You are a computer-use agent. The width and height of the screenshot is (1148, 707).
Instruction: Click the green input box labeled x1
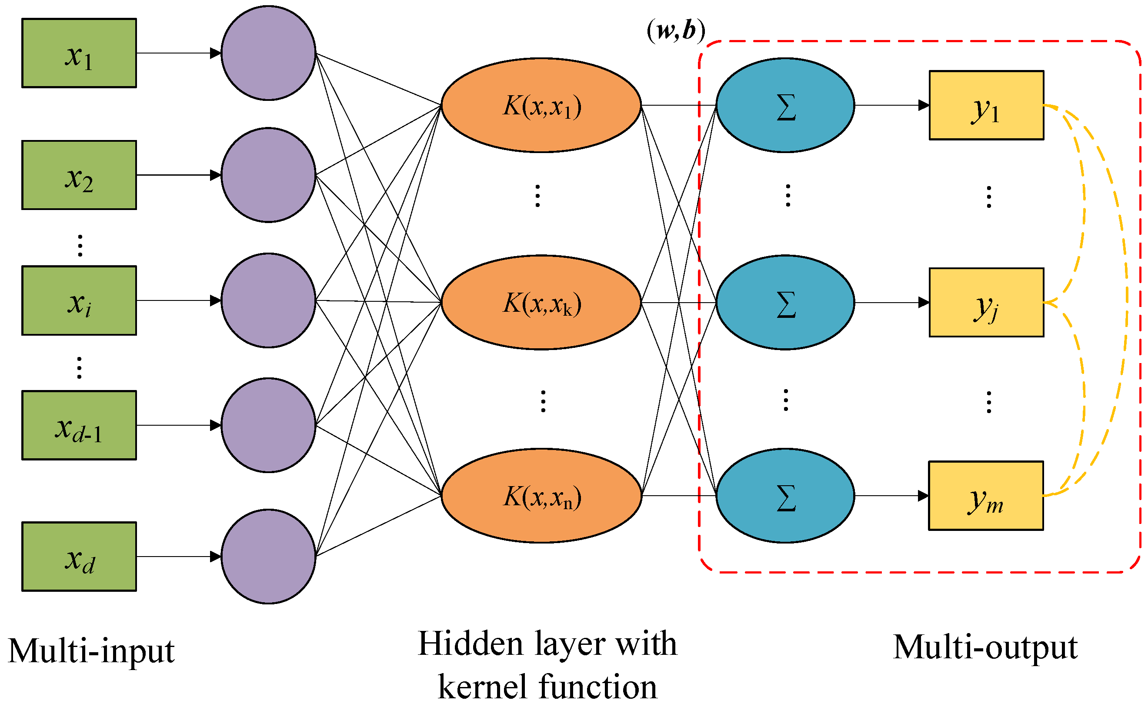tap(79, 53)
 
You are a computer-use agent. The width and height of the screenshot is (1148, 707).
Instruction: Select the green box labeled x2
tap(79, 175)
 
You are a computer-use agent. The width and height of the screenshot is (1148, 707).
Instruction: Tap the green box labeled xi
tap(79, 300)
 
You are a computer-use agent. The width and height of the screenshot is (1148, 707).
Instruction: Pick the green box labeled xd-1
tap(79, 425)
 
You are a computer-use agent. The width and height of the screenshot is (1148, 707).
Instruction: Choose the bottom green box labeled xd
tap(79, 557)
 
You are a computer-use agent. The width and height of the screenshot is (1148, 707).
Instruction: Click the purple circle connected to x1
tap(268, 53)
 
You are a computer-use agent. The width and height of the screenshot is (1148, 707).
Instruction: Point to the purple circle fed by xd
tap(268, 557)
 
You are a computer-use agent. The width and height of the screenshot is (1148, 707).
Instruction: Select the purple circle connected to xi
tap(268, 300)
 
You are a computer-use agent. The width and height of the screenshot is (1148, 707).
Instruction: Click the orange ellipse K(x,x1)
tap(541, 105)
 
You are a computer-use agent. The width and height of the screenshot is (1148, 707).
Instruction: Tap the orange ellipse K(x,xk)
tap(541, 303)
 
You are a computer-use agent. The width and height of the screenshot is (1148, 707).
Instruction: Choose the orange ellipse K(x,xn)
tap(541, 496)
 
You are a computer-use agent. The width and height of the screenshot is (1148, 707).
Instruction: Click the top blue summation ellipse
tap(785, 105)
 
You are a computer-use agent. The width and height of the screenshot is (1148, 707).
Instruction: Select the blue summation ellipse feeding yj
tap(785, 303)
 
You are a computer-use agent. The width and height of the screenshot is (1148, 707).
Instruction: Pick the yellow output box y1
tap(986, 105)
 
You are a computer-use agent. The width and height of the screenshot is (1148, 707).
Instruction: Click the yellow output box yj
tap(986, 303)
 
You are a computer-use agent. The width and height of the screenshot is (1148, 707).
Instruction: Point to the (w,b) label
tap(676, 31)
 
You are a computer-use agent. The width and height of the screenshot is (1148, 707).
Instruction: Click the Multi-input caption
tap(92, 651)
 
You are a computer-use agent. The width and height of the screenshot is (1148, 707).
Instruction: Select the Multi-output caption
tap(985, 647)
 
